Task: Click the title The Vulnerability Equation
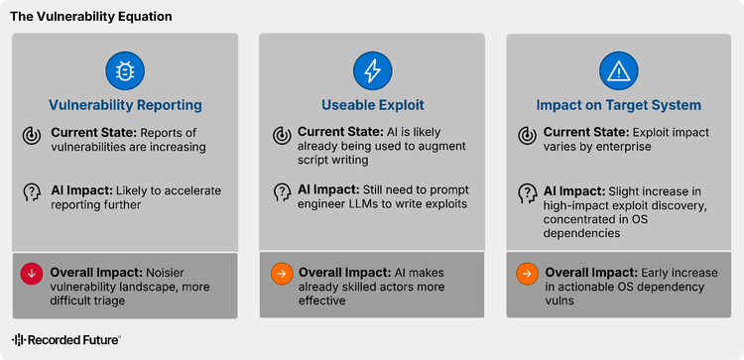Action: (91, 17)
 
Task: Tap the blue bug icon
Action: (125, 71)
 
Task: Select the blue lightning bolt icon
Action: (372, 71)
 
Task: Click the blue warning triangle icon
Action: (619, 71)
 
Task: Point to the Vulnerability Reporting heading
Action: (125, 105)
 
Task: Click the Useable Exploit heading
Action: (372, 105)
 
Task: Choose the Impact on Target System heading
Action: (619, 105)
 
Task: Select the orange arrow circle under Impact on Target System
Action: (527, 273)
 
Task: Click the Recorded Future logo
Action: (65, 339)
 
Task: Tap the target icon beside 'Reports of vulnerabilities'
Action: (32, 136)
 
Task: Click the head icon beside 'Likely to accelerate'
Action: (32, 193)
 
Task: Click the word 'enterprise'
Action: (617, 147)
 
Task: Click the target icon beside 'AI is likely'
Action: (282, 136)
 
